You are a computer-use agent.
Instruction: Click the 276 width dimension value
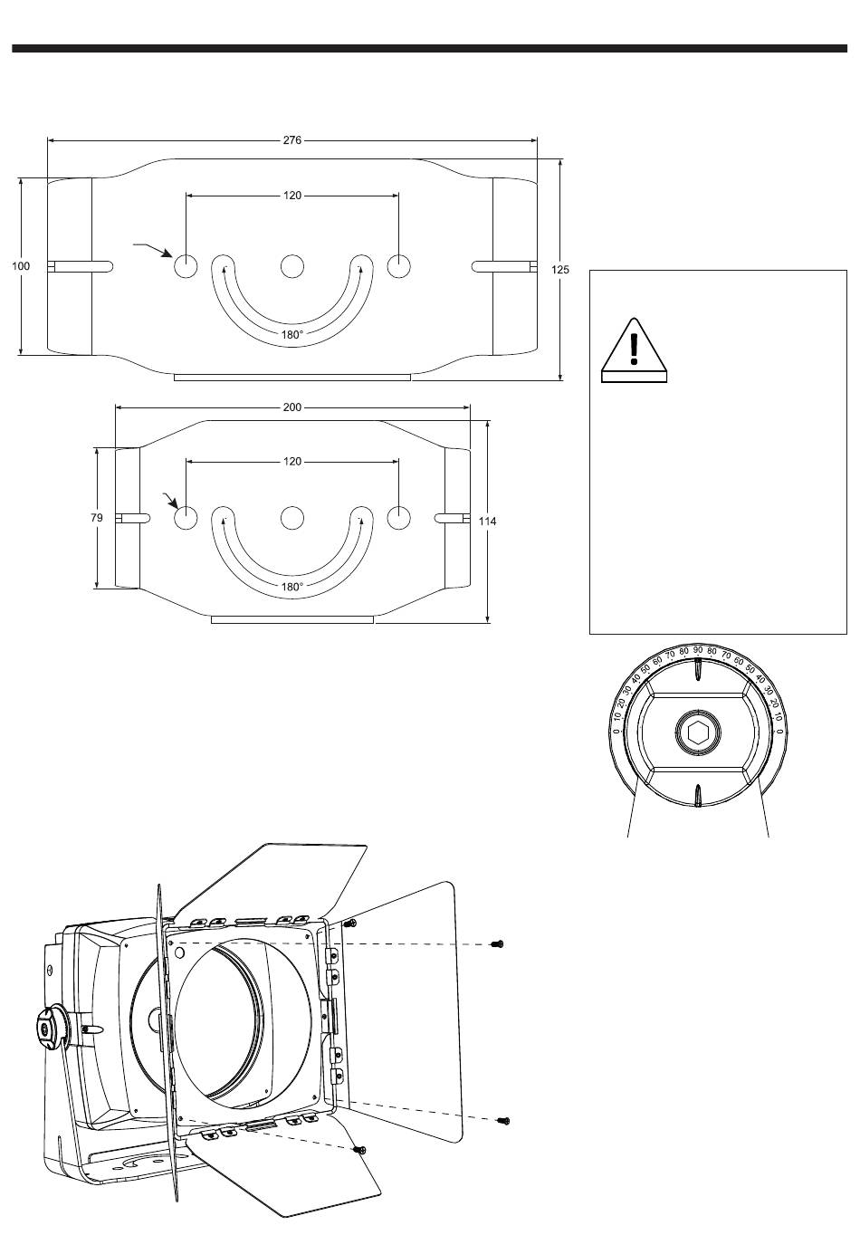(291, 140)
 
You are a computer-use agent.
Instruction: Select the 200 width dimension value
(291, 407)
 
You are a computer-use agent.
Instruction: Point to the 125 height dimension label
(561, 270)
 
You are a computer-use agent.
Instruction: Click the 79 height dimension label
(97, 518)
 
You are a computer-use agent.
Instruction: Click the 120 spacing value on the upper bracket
(291, 195)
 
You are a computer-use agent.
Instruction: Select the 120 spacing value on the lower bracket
(291, 462)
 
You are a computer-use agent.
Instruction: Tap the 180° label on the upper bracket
(291, 335)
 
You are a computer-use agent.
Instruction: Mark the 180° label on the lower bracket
(291, 587)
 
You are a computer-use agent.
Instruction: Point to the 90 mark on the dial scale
(698, 650)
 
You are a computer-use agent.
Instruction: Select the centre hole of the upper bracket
(291, 266)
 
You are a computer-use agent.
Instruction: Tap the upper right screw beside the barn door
(496, 944)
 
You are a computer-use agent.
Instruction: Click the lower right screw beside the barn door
(504, 1121)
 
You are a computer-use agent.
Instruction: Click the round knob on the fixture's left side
(47, 1029)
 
